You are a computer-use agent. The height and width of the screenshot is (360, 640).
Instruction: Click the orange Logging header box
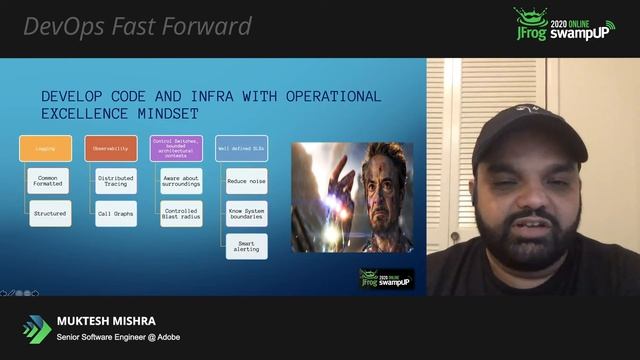tap(46, 148)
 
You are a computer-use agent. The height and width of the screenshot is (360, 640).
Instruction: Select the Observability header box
tap(111, 148)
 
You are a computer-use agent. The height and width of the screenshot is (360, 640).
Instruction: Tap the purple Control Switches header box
tap(176, 148)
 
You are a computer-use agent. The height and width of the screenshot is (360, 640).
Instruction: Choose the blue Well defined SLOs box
tap(241, 148)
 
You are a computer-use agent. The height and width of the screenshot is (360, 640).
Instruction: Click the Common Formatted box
tap(49, 180)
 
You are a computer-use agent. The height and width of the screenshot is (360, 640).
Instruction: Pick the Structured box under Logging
tap(49, 212)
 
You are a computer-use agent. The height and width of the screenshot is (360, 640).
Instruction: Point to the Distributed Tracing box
tap(115, 180)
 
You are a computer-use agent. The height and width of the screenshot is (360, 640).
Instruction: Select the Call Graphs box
tap(115, 212)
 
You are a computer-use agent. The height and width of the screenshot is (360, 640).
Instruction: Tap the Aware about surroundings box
tap(180, 180)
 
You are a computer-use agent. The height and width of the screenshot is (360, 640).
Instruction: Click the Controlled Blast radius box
tap(180, 212)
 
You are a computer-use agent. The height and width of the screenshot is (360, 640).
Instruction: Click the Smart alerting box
tap(245, 245)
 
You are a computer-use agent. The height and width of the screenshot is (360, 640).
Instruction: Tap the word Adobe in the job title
tap(167, 337)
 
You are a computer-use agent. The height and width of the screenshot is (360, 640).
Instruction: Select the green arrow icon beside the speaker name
tap(37, 329)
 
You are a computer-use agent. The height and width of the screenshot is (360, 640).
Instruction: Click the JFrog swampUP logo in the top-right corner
tap(564, 25)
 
